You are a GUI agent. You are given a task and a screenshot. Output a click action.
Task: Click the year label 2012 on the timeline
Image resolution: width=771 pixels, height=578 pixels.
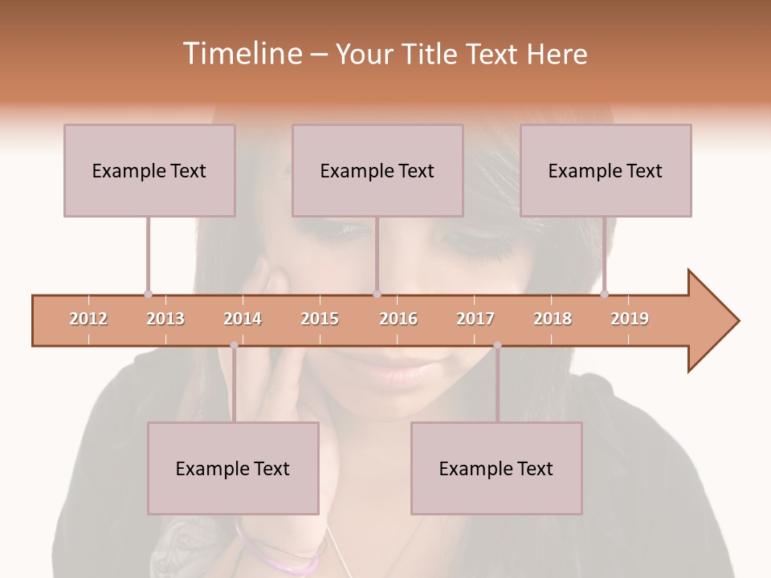(88, 319)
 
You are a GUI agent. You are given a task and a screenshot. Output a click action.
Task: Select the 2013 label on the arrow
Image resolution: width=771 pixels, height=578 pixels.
(165, 319)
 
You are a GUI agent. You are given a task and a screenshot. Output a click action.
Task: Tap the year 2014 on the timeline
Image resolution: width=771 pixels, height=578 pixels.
(243, 319)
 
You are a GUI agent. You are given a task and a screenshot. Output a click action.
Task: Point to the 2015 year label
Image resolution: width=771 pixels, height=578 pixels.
(320, 319)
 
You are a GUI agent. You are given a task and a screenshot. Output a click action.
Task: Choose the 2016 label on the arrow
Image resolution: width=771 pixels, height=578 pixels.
(398, 319)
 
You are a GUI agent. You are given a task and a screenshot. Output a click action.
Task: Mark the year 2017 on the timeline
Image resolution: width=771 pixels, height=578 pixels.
(475, 319)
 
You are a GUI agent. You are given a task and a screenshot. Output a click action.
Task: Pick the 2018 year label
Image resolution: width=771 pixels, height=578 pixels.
(553, 319)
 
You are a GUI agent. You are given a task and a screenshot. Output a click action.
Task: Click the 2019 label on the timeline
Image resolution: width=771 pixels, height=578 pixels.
(630, 319)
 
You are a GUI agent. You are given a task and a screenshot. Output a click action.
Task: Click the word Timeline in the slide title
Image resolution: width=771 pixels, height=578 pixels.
(241, 54)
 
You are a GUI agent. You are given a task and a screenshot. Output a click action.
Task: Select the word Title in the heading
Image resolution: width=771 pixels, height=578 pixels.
(433, 54)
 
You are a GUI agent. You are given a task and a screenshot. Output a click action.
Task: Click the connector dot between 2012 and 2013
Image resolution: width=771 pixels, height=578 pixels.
(148, 294)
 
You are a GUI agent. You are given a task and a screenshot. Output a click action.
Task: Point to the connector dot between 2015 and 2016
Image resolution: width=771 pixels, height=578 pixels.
(377, 294)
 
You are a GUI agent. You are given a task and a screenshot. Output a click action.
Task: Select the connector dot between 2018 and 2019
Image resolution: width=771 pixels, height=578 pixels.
(604, 294)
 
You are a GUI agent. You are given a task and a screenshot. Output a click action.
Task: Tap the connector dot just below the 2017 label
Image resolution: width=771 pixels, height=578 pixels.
(497, 345)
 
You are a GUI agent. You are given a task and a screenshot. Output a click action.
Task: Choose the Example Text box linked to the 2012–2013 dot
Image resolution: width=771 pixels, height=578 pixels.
(149, 170)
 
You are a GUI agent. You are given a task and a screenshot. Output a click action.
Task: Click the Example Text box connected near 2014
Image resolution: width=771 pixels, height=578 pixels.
(233, 468)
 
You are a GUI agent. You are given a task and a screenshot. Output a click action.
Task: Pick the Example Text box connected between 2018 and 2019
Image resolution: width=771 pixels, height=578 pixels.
(606, 170)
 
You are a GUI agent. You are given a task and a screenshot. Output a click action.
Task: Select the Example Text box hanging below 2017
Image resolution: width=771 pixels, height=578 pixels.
(496, 468)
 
